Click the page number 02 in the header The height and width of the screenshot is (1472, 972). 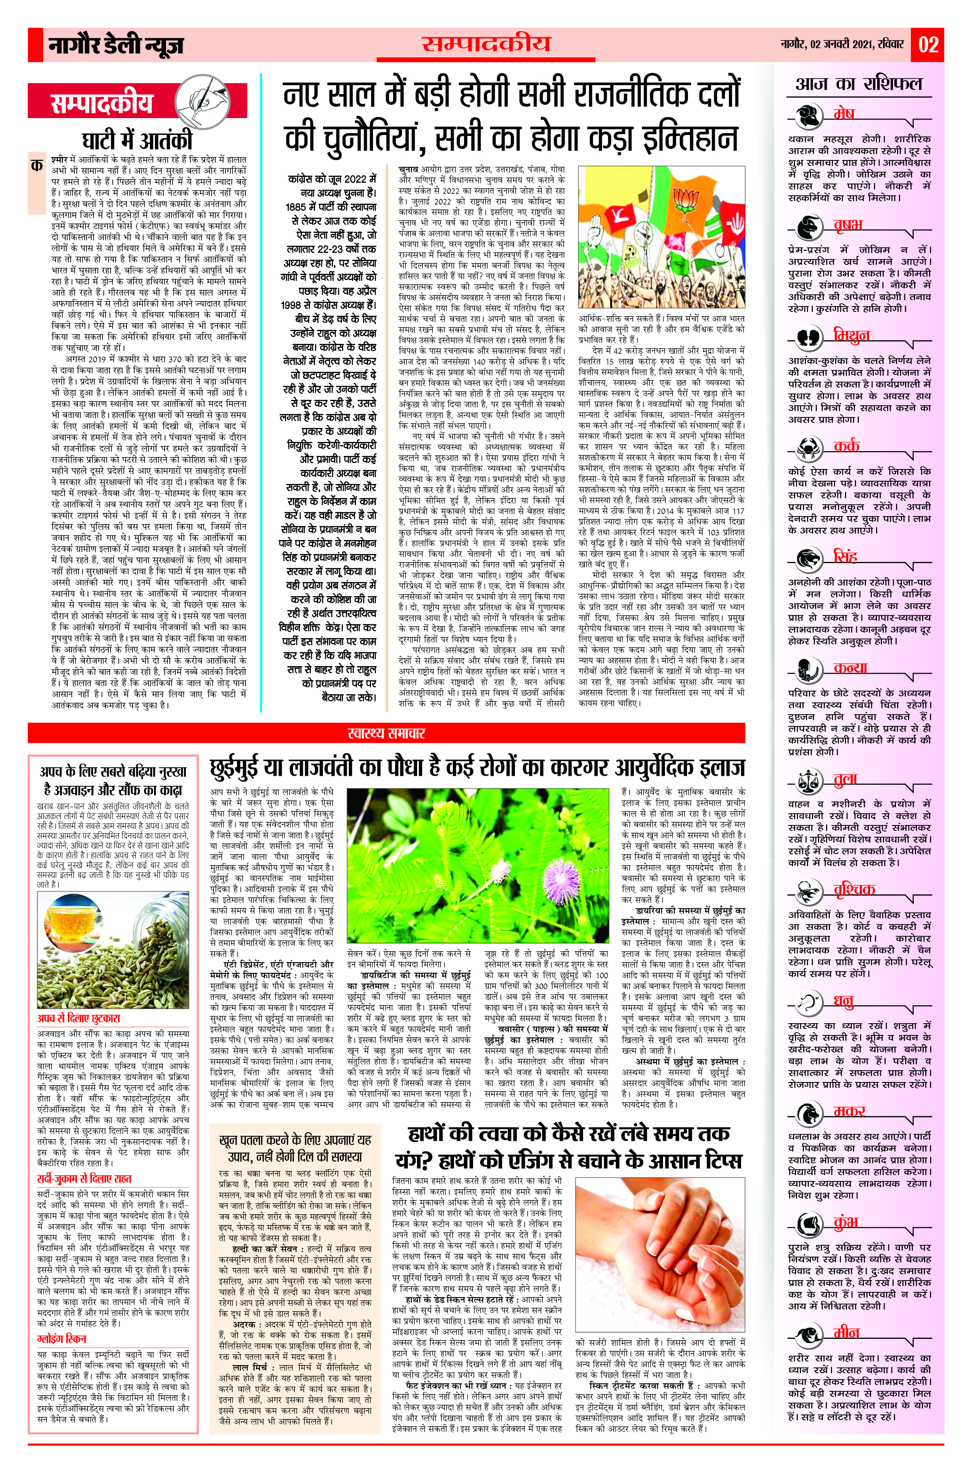click(928, 45)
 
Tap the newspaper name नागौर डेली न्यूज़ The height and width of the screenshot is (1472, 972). click(117, 45)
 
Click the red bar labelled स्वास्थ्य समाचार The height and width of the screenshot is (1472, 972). click(386, 733)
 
